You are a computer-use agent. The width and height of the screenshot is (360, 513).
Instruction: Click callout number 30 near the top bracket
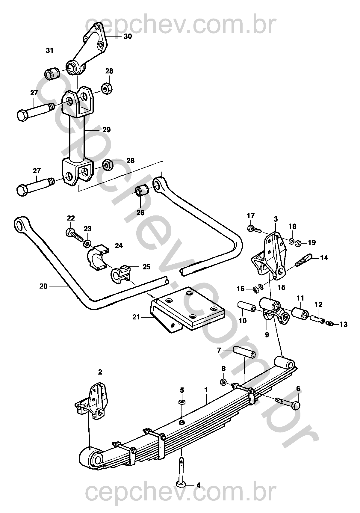click(x=128, y=37)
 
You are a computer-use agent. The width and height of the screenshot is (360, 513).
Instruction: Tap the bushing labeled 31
click(x=52, y=73)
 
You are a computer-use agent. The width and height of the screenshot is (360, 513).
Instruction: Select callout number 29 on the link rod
click(x=106, y=130)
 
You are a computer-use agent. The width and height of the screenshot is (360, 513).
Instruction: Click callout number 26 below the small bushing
click(x=140, y=213)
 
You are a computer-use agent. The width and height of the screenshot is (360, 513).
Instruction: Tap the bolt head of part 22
click(x=69, y=232)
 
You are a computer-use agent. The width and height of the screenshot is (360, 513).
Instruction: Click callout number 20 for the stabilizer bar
click(x=43, y=286)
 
